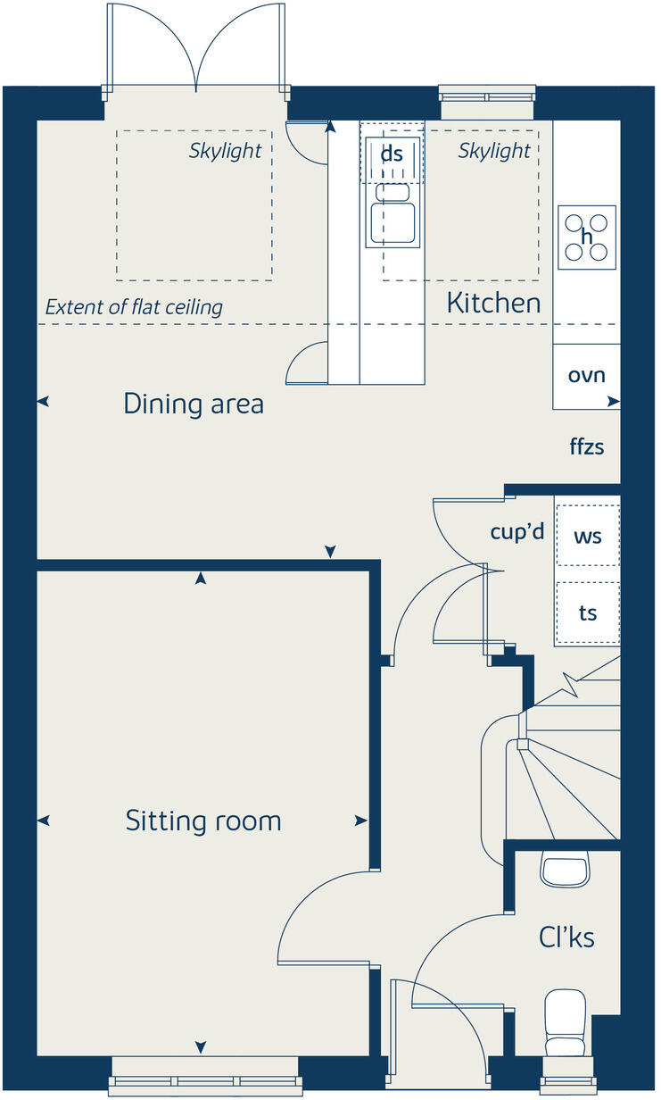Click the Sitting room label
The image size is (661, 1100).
(203, 821)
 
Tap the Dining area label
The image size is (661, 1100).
(194, 404)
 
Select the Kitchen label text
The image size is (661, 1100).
(493, 303)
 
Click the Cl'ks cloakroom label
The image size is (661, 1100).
(566, 937)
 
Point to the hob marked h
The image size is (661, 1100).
(586, 237)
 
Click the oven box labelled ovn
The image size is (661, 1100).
(586, 375)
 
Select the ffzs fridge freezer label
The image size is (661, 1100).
(587, 446)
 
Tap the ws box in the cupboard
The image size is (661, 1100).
(587, 537)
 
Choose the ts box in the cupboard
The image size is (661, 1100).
(587, 613)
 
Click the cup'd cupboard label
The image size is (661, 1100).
(516, 532)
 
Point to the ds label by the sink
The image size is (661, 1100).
(392, 154)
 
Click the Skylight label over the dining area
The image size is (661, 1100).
(225, 151)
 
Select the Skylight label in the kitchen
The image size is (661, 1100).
(494, 151)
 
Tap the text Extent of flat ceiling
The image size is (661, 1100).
(134, 308)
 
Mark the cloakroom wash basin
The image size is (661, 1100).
(566, 871)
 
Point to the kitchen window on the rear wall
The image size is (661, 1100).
(488, 92)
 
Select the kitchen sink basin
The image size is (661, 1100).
(393, 223)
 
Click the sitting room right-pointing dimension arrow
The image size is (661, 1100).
(360, 821)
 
